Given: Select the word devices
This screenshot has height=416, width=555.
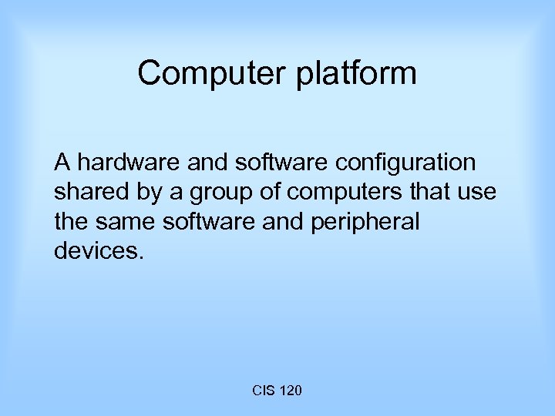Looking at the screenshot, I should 96,251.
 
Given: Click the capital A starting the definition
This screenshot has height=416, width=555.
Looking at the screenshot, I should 62,163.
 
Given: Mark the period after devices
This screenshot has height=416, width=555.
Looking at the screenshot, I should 140,257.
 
